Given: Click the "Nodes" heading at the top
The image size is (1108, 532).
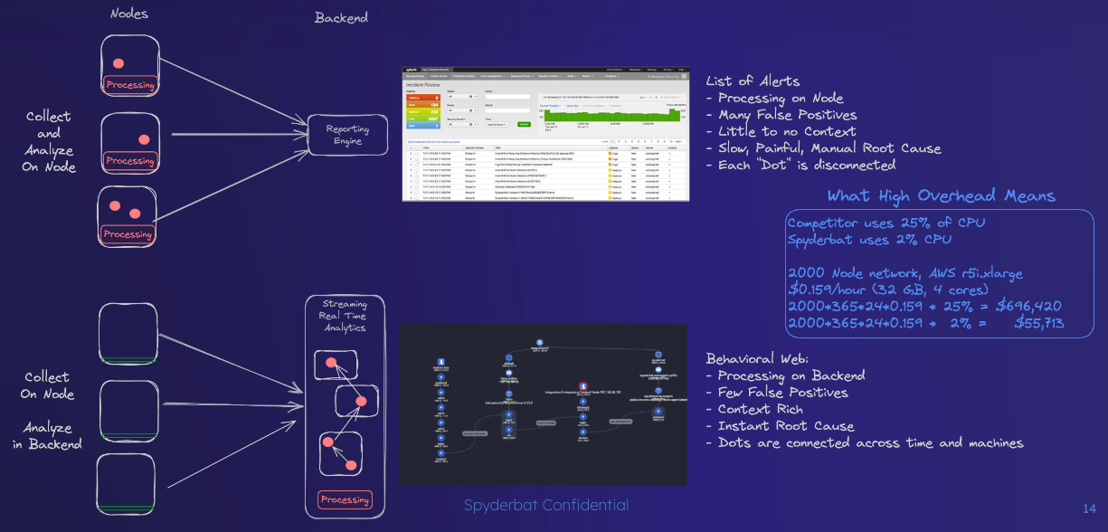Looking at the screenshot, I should (x=130, y=14).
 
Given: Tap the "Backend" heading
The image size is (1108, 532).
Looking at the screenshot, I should (x=341, y=18).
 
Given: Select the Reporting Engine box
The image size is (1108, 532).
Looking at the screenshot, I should (x=347, y=135).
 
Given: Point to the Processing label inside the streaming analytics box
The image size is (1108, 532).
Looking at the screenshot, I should (x=345, y=499).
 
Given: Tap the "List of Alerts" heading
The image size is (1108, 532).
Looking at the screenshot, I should (x=753, y=81).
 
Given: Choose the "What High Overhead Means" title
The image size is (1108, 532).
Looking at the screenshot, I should (x=941, y=196).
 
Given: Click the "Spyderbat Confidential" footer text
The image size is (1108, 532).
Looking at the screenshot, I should (x=545, y=505).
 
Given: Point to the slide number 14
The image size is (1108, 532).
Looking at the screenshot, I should (x=1089, y=508).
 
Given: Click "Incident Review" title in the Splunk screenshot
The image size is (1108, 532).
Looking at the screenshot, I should (x=430, y=84).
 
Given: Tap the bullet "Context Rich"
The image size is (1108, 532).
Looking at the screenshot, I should (x=760, y=409).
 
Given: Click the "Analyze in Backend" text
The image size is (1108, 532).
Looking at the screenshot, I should (x=49, y=435).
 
